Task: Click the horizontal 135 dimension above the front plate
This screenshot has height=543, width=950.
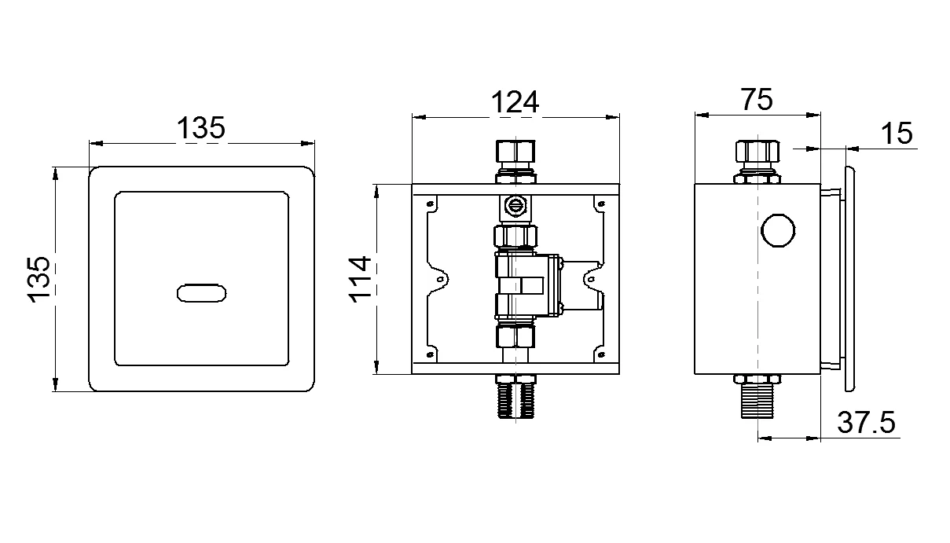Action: (201, 128)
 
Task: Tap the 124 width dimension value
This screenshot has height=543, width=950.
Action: (515, 102)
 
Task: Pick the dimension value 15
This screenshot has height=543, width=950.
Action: (895, 134)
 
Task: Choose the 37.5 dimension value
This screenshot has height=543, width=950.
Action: (866, 424)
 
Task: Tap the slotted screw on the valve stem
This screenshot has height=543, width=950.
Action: (515, 205)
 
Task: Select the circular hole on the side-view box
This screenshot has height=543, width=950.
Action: (777, 230)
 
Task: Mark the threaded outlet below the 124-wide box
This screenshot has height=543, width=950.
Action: (515, 401)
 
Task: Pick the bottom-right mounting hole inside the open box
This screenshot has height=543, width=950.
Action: (600, 355)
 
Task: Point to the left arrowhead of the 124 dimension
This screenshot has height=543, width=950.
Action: (417, 118)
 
